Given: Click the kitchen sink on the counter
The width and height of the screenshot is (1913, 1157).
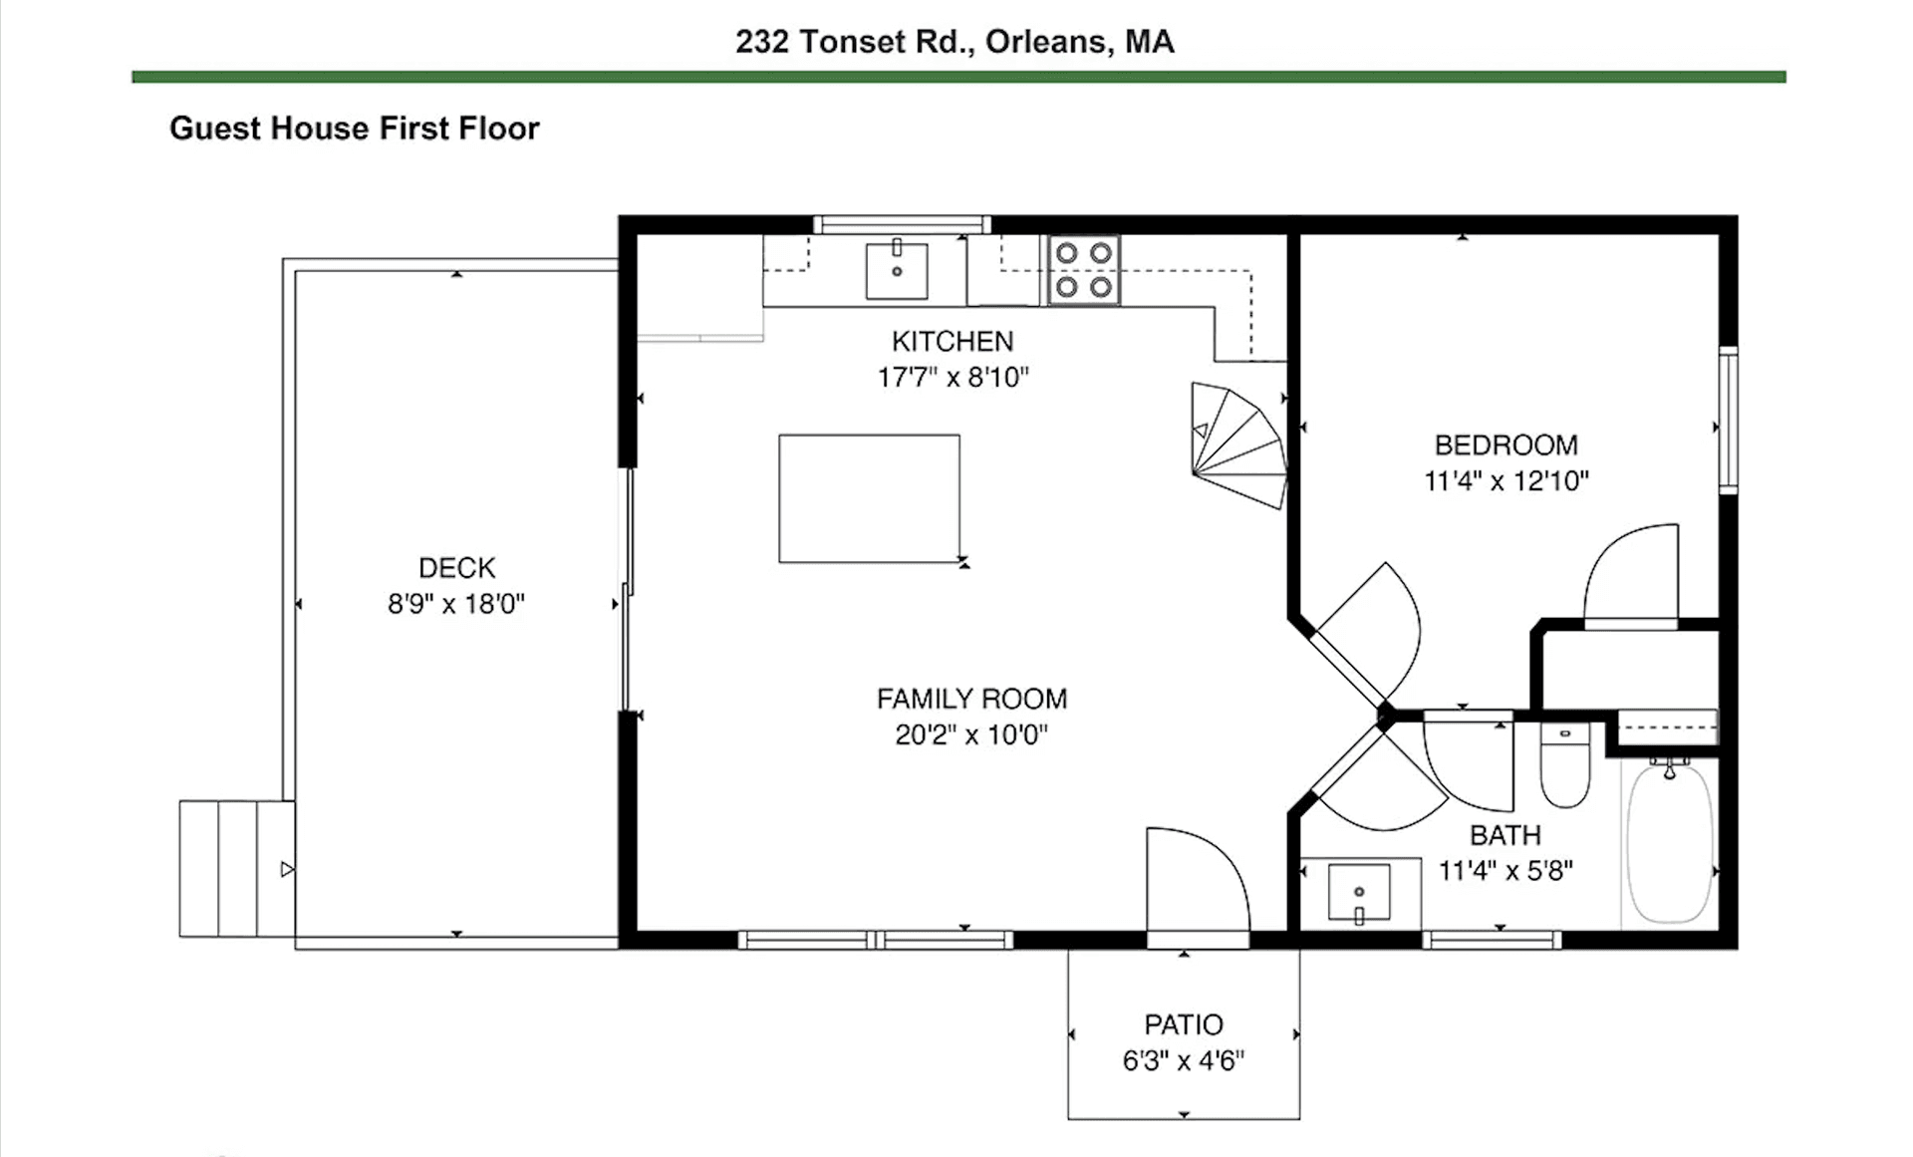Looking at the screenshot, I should coord(897,270).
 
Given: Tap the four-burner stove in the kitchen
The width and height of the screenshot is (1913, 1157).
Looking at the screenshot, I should coord(1083,270).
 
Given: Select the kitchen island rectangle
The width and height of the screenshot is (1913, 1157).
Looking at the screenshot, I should coord(869,498).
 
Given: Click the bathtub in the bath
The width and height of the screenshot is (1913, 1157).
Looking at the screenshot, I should coord(1670,842).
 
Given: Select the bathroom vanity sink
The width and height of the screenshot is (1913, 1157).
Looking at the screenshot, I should coord(1359,893).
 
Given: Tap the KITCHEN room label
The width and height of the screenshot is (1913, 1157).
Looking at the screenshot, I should coord(953,342).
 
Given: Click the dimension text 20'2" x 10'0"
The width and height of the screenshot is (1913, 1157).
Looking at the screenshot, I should coord(971,735).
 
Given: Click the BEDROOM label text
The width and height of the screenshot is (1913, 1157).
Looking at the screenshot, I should coord(1505,445).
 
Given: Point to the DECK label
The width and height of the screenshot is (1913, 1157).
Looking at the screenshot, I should coord(456,568).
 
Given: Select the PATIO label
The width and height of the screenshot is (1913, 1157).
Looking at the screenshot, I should coord(1184,1024).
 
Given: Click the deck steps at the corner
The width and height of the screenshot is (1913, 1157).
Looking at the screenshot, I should coord(237,868).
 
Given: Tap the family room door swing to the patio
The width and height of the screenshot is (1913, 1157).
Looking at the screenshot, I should coord(1196,882).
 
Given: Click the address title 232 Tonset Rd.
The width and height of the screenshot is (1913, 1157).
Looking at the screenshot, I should coord(955,42).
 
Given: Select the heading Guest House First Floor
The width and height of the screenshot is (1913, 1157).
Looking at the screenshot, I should coord(354,129).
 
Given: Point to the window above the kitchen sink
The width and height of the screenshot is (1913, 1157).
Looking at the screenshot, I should coord(902,225).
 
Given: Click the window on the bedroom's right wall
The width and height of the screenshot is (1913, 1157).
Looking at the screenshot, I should coord(1729,420).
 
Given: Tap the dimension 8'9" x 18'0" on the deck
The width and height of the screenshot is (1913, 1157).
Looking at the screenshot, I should coord(456,604).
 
